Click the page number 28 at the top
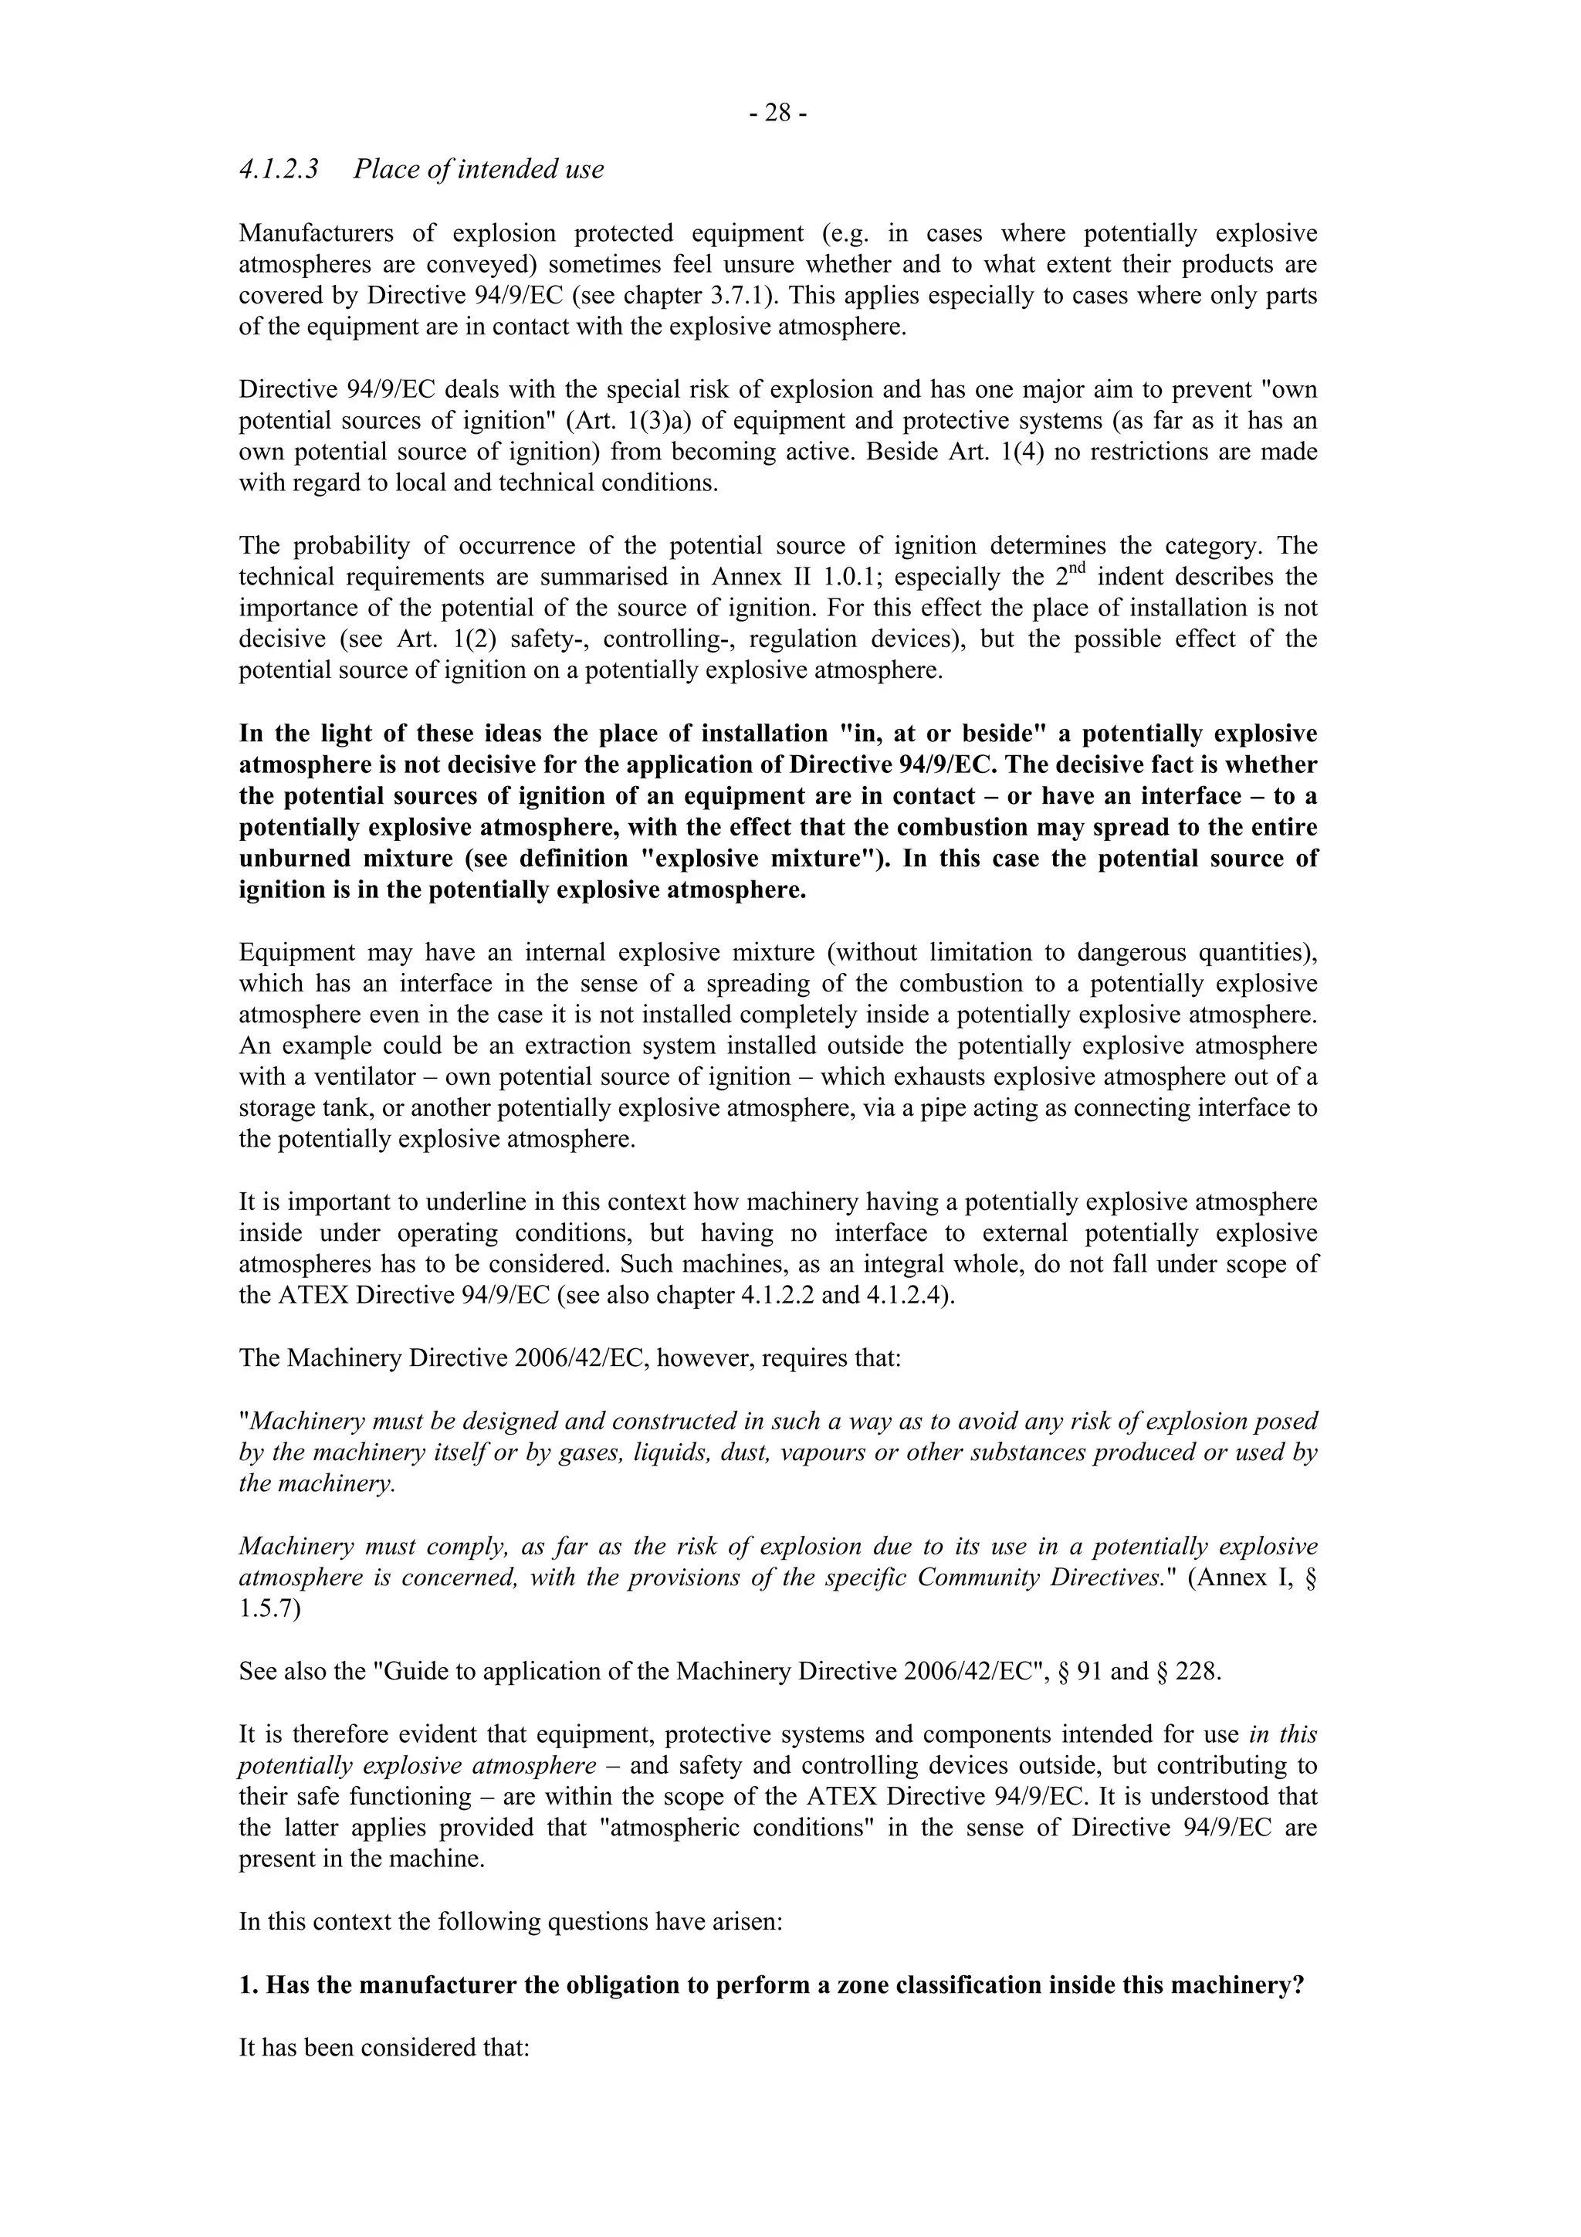click(777, 115)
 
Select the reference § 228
click(1187, 1671)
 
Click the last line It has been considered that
click(384, 2047)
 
